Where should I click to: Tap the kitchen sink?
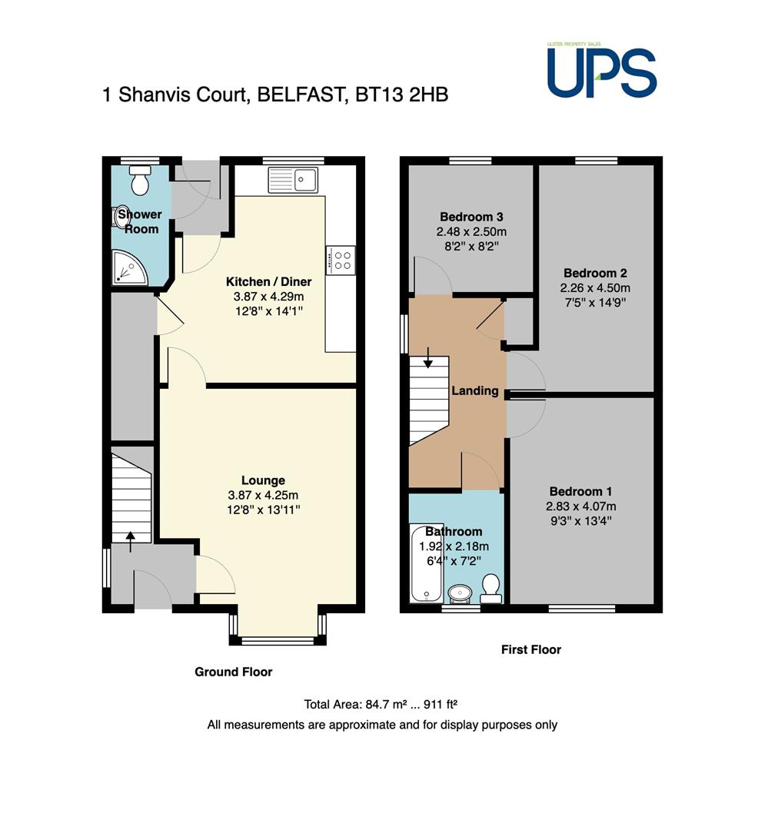(293, 179)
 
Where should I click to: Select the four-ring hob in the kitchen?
(341, 260)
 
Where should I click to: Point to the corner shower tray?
(129, 267)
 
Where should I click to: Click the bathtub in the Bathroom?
(427, 563)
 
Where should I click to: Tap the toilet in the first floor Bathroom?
(490, 589)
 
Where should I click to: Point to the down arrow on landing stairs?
(427, 358)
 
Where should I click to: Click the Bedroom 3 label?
(471, 217)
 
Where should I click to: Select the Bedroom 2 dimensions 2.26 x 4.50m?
(595, 288)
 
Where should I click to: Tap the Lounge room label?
(263, 480)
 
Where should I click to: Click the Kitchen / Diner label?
(269, 281)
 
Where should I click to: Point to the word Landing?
(475, 390)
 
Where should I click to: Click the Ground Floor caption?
(234, 672)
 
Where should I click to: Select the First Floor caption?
(531, 649)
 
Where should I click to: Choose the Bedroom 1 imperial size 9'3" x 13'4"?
(580, 521)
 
